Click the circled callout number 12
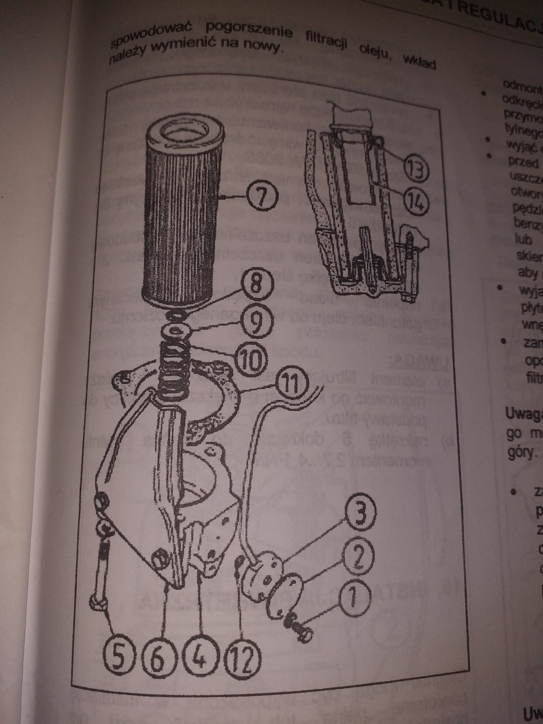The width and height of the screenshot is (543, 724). (244, 656)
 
